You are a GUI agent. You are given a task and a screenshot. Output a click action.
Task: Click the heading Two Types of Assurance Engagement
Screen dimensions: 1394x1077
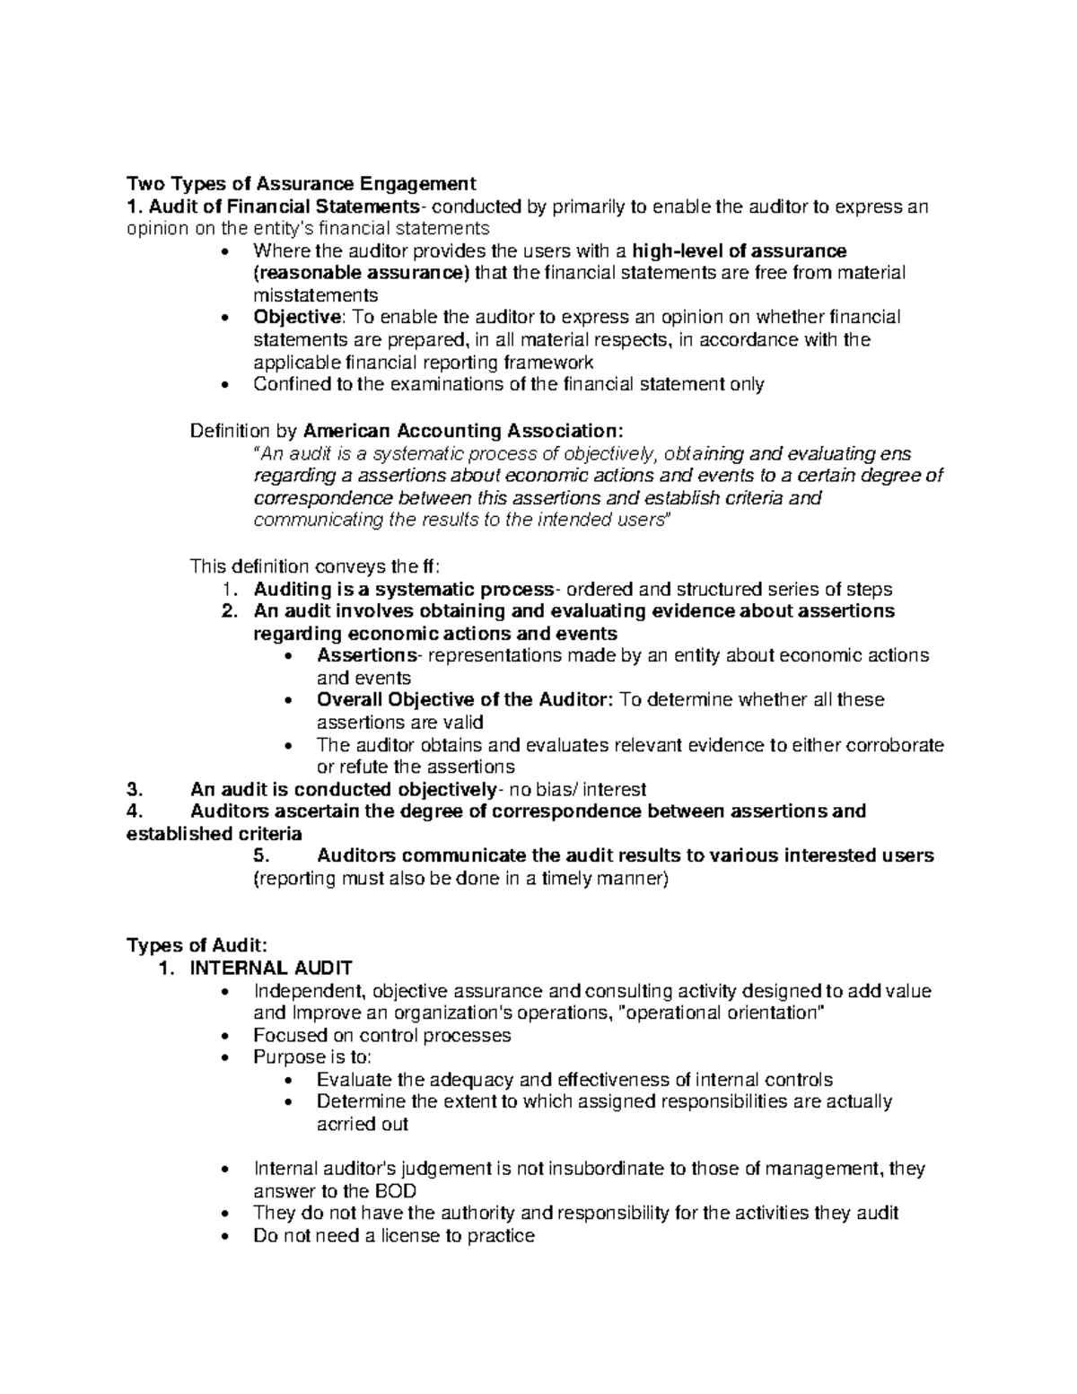pos(301,184)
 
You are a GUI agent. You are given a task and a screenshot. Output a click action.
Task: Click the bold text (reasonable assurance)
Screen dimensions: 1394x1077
pos(362,273)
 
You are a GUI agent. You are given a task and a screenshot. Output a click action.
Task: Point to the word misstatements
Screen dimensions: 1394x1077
pos(316,295)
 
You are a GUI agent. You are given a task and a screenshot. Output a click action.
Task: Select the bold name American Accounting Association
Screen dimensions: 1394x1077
pos(463,431)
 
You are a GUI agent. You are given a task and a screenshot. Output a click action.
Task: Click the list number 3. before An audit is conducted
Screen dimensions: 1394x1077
pos(135,790)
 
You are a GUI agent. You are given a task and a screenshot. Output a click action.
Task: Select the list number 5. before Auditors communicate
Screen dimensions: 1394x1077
pos(261,855)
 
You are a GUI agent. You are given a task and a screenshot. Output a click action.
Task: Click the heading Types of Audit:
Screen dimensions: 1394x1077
pos(197,944)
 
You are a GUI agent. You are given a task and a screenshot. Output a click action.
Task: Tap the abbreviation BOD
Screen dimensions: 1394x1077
pos(396,1191)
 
